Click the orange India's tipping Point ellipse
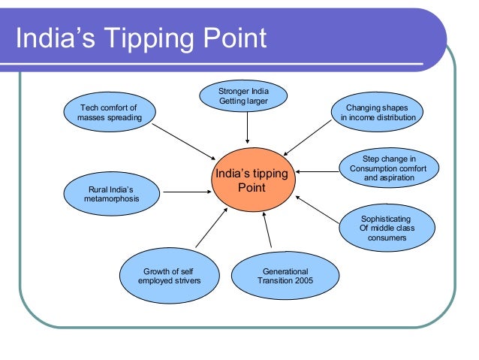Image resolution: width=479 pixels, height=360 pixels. coord(251,180)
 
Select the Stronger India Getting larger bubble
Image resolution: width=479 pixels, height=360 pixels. coord(243,96)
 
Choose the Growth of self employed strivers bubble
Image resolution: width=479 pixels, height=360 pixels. coord(170,276)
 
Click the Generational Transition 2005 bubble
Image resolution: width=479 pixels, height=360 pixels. coord(279,276)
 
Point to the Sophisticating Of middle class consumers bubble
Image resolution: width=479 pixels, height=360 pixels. coord(387,228)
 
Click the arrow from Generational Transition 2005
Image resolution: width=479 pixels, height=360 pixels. coord(268,232)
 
